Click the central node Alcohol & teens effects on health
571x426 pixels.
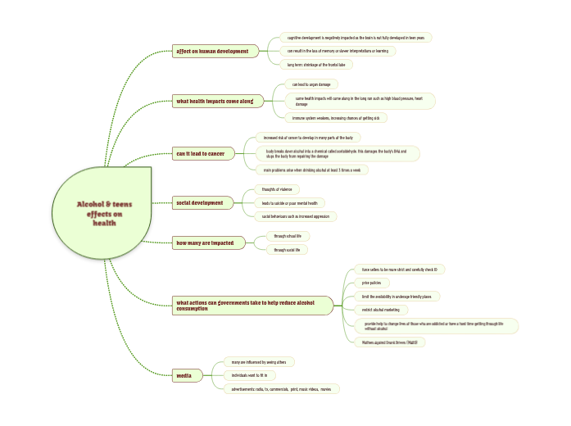103,213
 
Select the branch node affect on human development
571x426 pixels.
212,51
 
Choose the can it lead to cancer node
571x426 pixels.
200,153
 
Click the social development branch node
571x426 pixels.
199,202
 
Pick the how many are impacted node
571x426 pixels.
205,242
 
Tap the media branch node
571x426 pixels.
184,376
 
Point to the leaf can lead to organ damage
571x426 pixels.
312,84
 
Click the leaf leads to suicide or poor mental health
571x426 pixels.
289,202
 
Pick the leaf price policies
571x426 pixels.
371,283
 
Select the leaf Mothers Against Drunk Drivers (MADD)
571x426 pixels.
393,342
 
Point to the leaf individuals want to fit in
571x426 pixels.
248,375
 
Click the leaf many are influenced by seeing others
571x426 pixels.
257,361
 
